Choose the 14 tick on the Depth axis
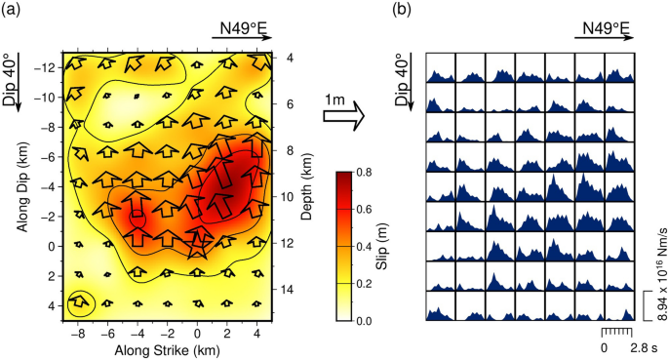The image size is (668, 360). [281, 290]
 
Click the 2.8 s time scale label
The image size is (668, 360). [643, 346]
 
